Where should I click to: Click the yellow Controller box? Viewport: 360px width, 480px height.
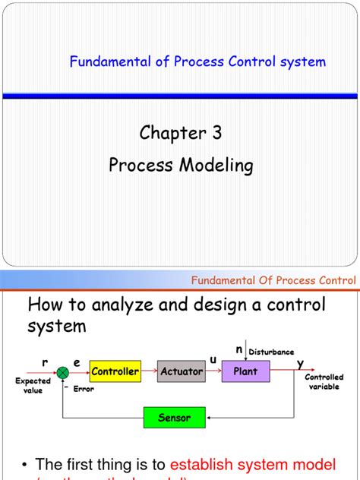coord(115,371)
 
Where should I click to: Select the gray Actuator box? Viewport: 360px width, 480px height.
coord(182,371)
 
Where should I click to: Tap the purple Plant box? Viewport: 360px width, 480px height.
coord(245,371)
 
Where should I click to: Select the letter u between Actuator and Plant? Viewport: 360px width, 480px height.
coord(213,358)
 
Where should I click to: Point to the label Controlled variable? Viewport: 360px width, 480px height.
coord(324,382)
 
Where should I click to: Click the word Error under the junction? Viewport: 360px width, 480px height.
coord(84,388)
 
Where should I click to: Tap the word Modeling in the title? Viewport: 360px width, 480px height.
coord(216,165)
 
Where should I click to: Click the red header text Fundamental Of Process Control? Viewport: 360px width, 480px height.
coord(274,280)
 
